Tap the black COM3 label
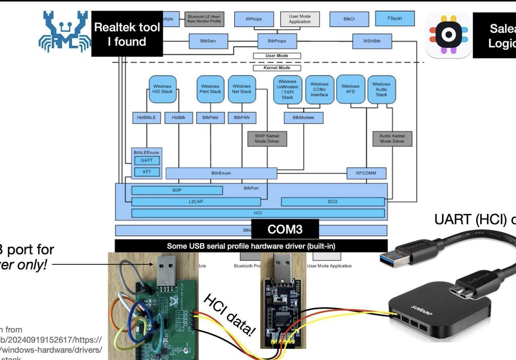[x=285, y=230]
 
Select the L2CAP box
[x=196, y=201]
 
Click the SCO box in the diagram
[x=332, y=201]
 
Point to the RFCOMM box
[x=367, y=173]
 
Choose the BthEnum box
[x=221, y=173]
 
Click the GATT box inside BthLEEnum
[x=147, y=161]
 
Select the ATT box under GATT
[x=147, y=172]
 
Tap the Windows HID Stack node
[x=162, y=89]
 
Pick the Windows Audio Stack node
[x=381, y=89]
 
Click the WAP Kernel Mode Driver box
[x=267, y=138]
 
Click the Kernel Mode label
[x=277, y=67]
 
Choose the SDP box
[x=177, y=190]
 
